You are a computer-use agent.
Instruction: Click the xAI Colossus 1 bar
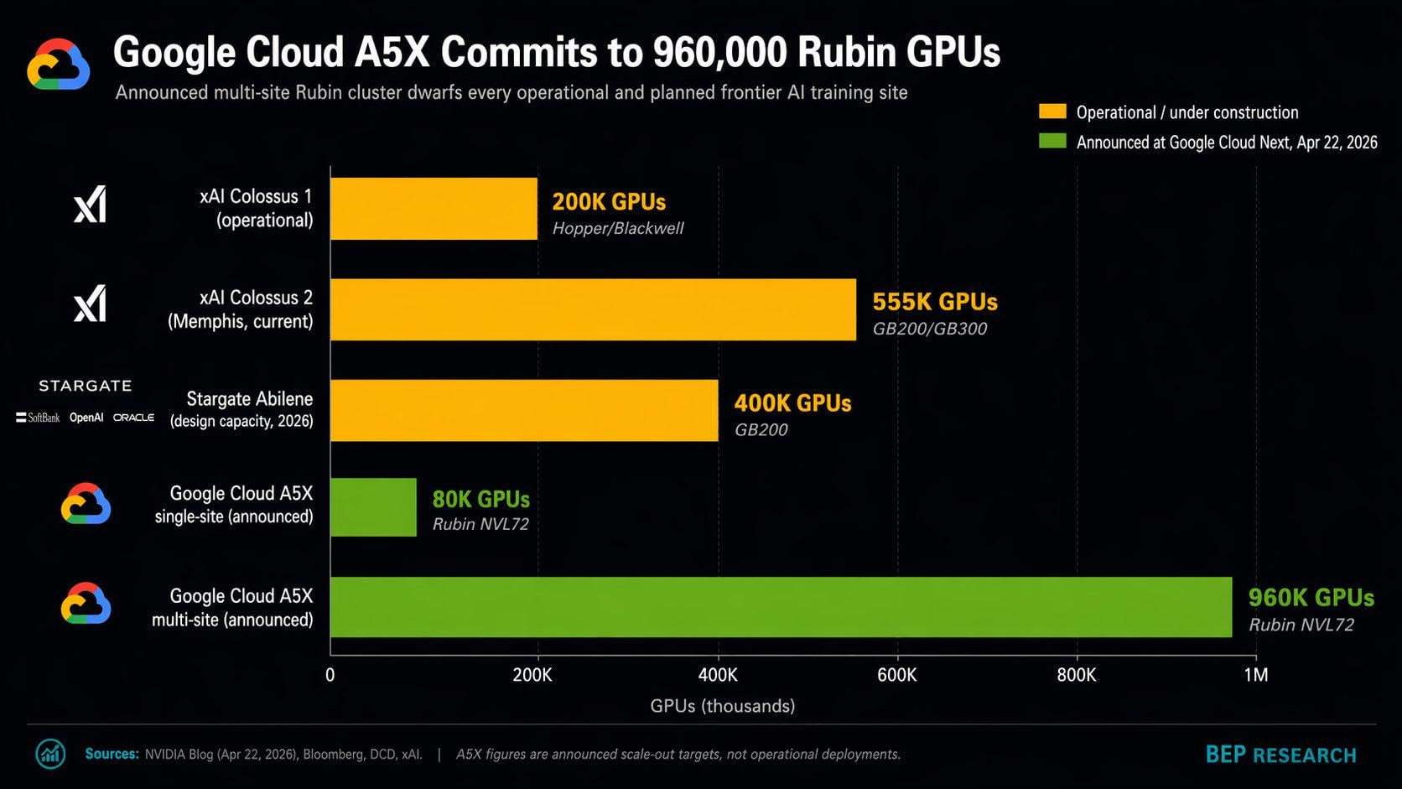(434, 209)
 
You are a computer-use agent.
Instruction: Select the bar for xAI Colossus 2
(593, 309)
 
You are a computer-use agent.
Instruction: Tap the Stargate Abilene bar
(524, 410)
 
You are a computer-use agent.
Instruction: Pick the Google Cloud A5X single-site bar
(373, 506)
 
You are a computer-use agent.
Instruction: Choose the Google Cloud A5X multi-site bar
(781, 607)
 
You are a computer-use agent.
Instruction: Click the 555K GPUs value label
(935, 302)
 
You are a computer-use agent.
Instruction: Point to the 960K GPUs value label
(1311, 598)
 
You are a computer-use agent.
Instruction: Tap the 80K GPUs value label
(480, 500)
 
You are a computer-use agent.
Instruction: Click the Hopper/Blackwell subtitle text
(617, 229)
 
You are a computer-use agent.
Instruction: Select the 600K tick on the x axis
(896, 675)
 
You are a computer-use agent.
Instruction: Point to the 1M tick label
(1255, 675)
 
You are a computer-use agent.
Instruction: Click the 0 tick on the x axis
(330, 675)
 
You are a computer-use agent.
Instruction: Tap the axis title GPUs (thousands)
(722, 706)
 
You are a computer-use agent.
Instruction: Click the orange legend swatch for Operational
(1052, 112)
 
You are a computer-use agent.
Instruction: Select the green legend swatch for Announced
(1052, 141)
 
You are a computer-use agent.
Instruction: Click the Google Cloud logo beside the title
(58, 65)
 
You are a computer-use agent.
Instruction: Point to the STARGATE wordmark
(86, 386)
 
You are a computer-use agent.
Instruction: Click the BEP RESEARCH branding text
(1280, 755)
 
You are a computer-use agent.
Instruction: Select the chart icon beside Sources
(50, 754)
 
